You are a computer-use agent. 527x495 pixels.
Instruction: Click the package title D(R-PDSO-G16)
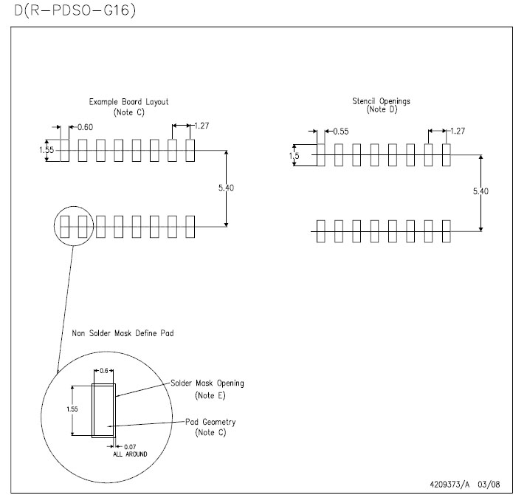pos(75,10)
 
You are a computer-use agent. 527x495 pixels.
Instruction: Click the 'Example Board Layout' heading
pos(128,102)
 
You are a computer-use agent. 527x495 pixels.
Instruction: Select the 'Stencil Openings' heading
pos(381,101)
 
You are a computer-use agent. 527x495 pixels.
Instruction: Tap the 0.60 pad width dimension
pos(86,127)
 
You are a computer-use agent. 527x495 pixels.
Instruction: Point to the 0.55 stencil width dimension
pos(341,132)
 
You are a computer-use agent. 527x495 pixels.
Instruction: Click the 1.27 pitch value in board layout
pos(201,126)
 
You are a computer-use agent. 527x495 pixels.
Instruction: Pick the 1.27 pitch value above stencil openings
pos(458,131)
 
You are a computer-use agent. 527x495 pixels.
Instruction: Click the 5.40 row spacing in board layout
pos(226,188)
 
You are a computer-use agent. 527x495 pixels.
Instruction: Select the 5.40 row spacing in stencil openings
pos(480,191)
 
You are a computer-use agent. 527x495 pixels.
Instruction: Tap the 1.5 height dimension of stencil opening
pos(294,156)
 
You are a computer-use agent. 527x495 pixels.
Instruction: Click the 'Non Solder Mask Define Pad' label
pos(123,333)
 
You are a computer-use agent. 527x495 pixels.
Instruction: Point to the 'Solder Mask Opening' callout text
pos(207,383)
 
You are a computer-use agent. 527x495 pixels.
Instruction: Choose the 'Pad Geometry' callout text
pos(210,422)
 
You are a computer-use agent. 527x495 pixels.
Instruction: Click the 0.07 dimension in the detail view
pos(130,447)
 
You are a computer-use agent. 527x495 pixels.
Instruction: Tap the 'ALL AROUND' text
pos(130,454)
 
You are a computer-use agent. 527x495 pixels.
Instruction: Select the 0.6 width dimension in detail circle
pos(104,371)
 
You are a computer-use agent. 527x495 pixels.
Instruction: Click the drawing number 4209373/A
pos(449,484)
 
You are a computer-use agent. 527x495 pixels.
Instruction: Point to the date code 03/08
pos(489,484)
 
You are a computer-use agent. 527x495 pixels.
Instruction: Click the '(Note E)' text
pos(210,395)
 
